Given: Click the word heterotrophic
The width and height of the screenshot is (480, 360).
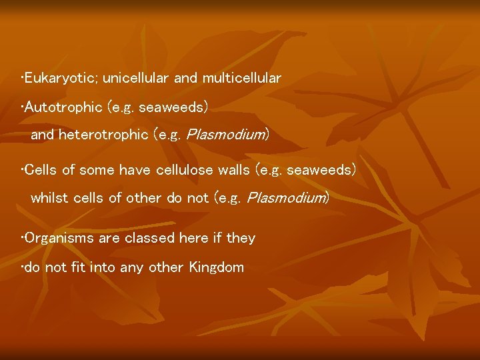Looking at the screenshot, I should pos(103,135).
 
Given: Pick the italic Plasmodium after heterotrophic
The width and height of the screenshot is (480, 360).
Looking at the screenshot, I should pos(225,135).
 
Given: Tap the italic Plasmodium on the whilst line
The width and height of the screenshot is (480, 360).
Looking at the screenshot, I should pos(287,198).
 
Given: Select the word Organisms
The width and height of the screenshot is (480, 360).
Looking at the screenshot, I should pos(57,238).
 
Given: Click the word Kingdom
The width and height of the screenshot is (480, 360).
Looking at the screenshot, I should pos(217,268).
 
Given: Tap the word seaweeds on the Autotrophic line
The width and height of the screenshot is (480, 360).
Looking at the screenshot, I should pos(173,107).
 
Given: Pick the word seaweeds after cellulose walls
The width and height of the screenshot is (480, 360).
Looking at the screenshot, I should pos(321,170).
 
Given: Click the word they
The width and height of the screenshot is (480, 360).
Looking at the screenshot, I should pos(241,238).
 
